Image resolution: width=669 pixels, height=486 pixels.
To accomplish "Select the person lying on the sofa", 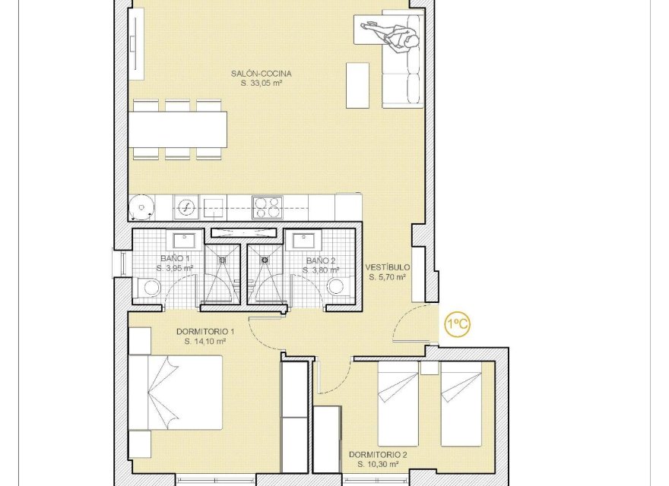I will tap(392, 33).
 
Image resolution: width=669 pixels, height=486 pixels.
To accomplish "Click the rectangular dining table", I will tap(178, 130).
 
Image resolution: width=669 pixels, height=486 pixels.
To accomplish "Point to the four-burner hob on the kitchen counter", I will tap(268, 207).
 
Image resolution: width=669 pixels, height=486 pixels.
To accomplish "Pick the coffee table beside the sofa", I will tap(357, 85).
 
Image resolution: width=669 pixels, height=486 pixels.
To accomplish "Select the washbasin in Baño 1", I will tap(183, 241).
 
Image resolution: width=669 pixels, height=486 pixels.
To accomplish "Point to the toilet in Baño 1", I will tap(150, 287).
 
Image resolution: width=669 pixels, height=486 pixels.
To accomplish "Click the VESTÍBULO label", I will tap(387, 268).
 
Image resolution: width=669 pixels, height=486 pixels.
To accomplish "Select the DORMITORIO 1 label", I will tap(205, 332).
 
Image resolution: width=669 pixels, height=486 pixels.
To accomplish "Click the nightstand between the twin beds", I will tap(430, 368).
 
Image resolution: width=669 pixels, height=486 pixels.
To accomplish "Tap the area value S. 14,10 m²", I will tap(205, 342).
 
